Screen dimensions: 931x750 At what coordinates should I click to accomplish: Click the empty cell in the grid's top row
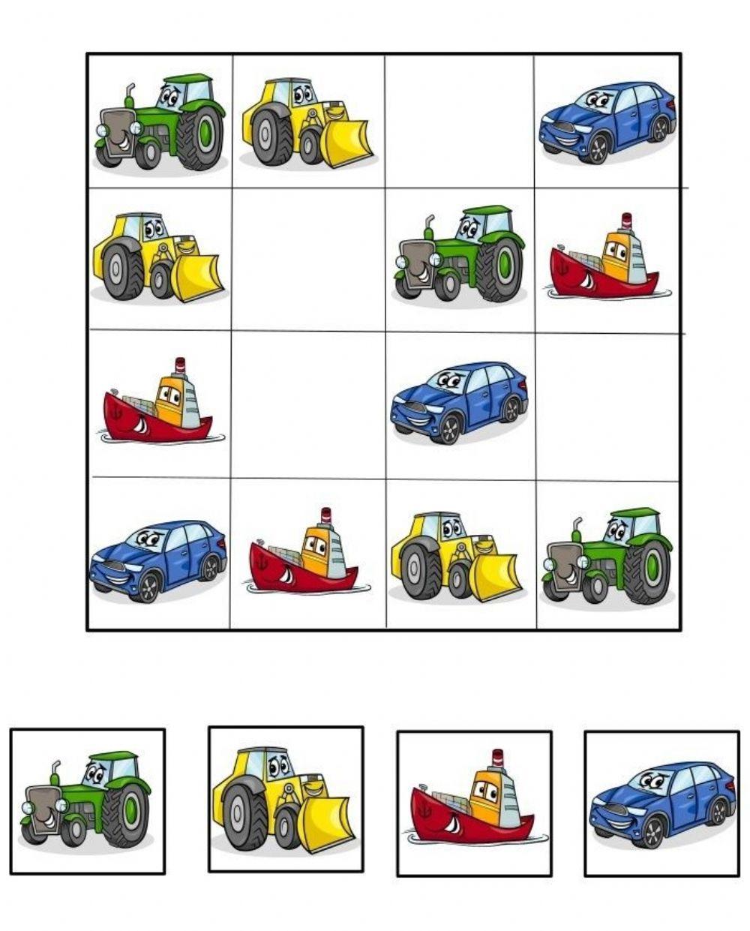459,120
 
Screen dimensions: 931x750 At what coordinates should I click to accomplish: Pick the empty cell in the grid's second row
307,259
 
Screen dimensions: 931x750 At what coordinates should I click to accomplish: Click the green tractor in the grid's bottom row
607,557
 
